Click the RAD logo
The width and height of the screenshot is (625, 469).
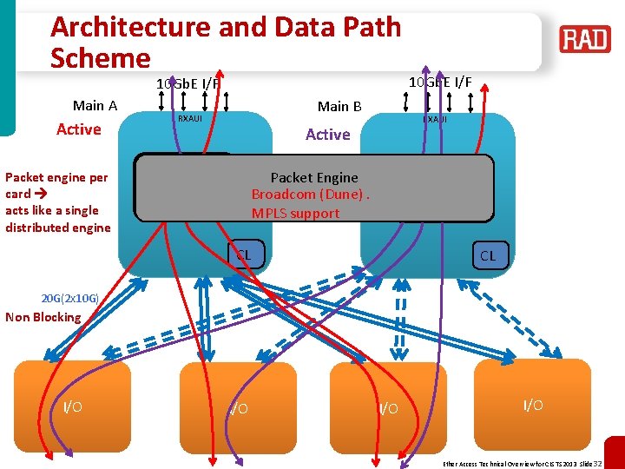coord(585,39)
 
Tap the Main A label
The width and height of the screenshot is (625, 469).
coord(95,106)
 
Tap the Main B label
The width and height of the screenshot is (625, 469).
coord(339,107)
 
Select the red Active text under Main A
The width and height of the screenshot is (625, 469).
coord(79,129)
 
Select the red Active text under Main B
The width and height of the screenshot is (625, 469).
coord(328,135)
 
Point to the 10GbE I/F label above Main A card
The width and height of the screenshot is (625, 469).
coord(187,84)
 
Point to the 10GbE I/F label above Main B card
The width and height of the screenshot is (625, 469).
coord(440,83)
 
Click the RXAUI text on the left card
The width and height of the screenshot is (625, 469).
coord(189,118)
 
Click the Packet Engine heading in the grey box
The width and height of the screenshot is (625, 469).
coord(314,177)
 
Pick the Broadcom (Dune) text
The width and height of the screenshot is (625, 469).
coord(310,195)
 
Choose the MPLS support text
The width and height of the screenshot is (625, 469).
coord(296,213)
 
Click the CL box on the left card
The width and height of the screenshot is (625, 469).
coord(244,255)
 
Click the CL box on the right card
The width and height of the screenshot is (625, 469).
coord(488,255)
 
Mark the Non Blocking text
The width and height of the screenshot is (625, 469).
coord(43,317)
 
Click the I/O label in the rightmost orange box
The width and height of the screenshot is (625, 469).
coord(534,406)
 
